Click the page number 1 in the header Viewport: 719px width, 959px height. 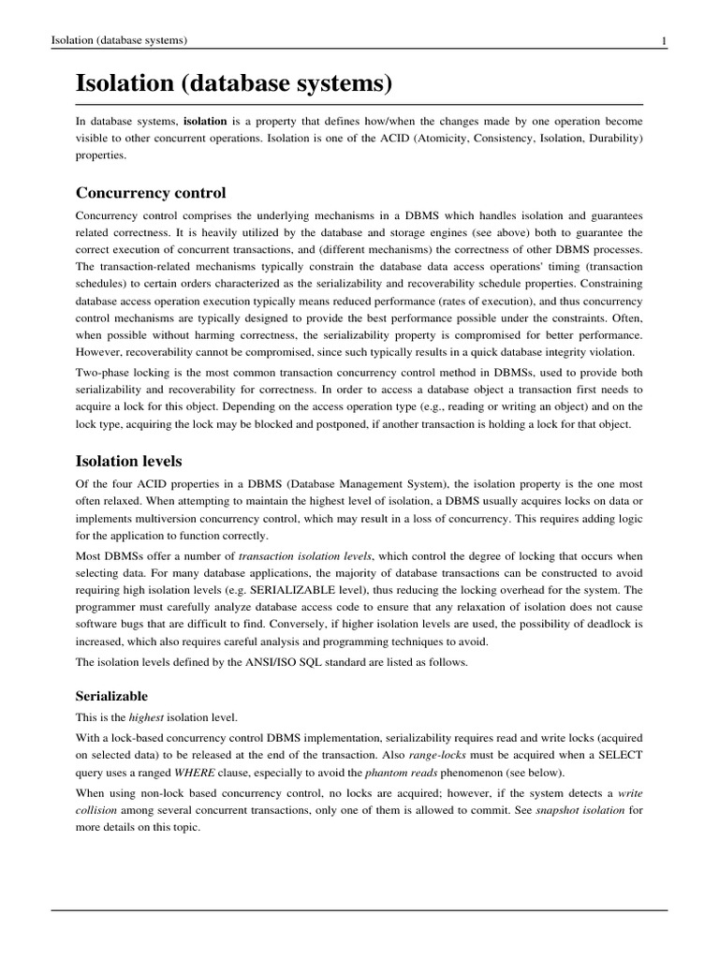[x=663, y=40]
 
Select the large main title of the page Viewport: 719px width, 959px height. [x=232, y=84]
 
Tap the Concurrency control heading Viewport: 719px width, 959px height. [x=151, y=193]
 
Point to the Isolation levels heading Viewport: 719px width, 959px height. [x=128, y=461]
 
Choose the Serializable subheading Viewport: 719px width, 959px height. [x=111, y=697]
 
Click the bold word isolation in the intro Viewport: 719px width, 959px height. [x=205, y=122]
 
